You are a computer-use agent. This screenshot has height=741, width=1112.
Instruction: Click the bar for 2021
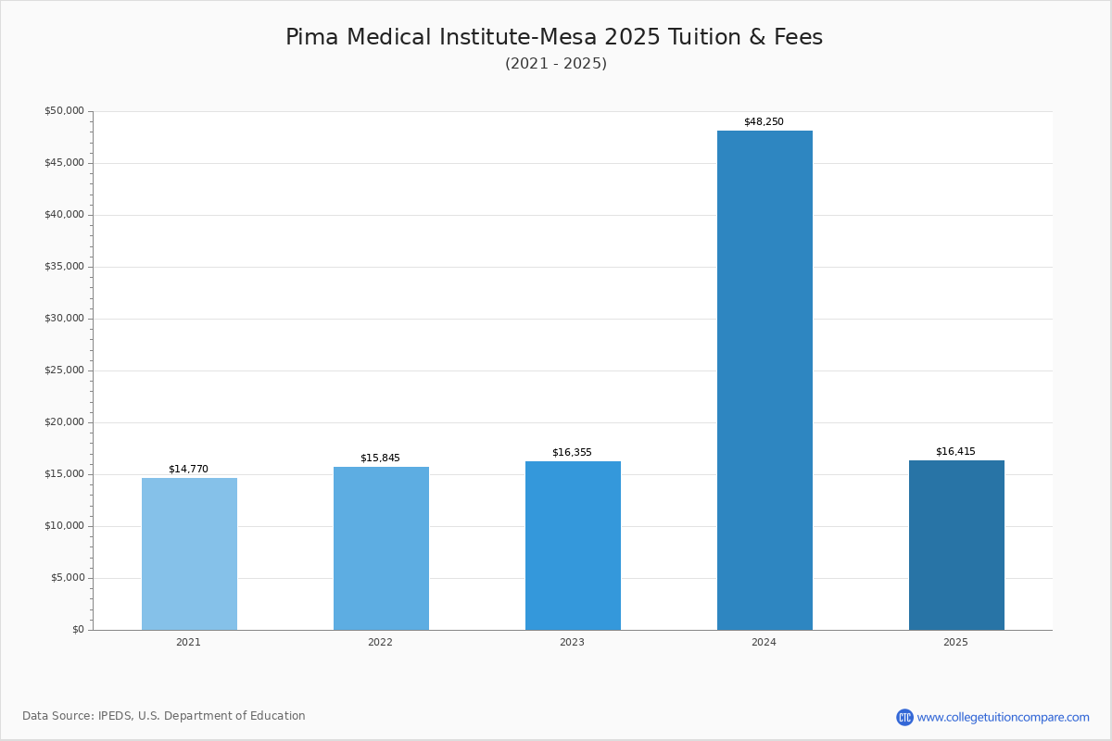pos(189,554)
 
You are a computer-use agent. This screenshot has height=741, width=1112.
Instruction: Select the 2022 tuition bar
pos(381,548)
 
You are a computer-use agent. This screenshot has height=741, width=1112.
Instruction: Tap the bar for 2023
pos(573,546)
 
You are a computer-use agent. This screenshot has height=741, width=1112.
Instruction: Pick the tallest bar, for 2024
pos(764,380)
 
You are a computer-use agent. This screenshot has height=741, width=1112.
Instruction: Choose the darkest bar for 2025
pos(956,545)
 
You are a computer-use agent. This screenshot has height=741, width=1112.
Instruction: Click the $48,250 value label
pos(764,122)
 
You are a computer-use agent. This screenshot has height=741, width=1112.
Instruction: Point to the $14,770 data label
pos(188,470)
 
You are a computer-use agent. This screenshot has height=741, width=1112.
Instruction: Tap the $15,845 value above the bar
pos(380,458)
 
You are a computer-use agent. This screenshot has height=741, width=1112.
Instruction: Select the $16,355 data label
pos(572,453)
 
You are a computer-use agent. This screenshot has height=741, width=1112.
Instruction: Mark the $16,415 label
pos(955,452)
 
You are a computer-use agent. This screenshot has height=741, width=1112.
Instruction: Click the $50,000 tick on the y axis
pos(64,111)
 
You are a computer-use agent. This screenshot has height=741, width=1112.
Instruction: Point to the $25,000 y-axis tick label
pos(64,370)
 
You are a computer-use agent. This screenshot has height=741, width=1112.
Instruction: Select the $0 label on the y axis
pos(78,630)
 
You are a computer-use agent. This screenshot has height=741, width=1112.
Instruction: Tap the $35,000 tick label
pos(64,267)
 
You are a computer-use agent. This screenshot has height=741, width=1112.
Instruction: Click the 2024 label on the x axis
pos(764,643)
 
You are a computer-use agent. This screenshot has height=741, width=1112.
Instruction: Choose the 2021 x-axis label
pos(188,643)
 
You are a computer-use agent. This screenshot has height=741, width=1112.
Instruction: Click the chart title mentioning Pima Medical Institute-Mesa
pos(554,37)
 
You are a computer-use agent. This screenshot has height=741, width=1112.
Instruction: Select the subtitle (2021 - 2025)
pos(556,64)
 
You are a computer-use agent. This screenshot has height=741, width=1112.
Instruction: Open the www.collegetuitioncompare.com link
pos(1003,717)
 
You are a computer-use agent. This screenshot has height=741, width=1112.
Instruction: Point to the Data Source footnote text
pos(164,716)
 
